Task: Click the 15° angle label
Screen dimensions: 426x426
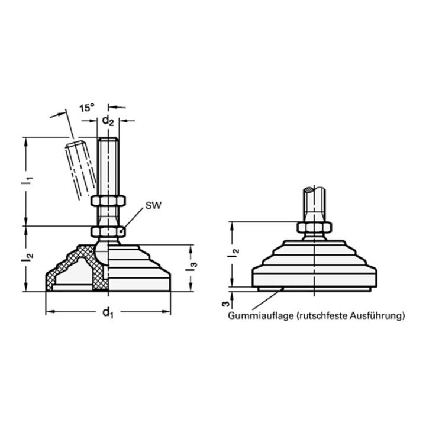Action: [86, 108]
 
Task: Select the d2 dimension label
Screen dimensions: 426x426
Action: [108, 122]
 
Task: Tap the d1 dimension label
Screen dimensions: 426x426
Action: [108, 312]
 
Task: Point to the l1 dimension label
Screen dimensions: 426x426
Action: [27, 181]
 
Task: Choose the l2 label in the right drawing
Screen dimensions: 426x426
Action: [233, 253]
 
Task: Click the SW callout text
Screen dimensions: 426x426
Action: [153, 206]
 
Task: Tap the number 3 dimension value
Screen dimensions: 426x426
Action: [226, 304]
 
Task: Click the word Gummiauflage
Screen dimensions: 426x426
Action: [261, 316]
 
